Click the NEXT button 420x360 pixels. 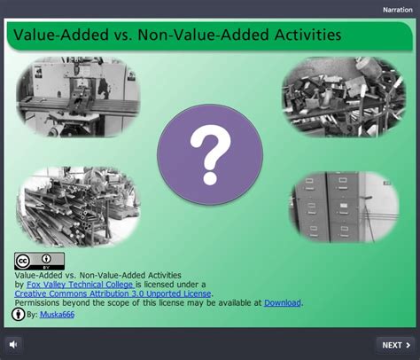(396, 345)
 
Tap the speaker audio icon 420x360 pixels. (13, 345)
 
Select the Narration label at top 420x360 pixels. (398, 10)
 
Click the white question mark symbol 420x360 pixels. (210, 154)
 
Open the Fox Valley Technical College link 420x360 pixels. (81, 285)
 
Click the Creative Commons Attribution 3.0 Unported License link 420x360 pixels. (113, 293)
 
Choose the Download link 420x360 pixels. (283, 302)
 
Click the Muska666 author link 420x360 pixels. (57, 314)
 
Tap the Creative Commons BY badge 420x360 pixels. (39, 261)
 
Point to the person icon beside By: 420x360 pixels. (18, 314)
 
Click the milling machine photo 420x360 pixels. (78, 97)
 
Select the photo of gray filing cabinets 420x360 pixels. (345, 207)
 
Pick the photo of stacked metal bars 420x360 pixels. (78, 207)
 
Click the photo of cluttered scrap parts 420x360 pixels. (344, 97)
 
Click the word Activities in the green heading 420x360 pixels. (307, 35)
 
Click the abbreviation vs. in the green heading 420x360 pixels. (123, 35)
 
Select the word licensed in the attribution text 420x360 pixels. (159, 285)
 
